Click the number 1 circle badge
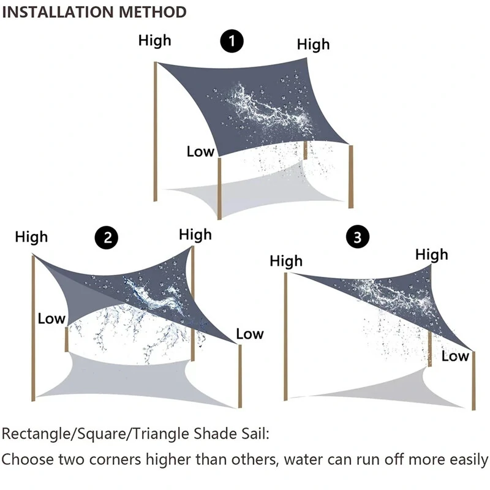pos(232,42)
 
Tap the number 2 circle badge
pos(108,238)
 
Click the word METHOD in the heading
pos(156,12)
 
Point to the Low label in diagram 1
pos(200,151)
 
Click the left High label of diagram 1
pos(154,41)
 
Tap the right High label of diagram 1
pos(313,44)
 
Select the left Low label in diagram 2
pos(51,318)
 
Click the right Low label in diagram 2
pos(249,334)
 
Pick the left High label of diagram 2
pos(31,236)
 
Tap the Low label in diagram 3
pos(455,356)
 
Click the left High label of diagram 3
pos(286,262)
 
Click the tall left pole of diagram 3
pos(287,337)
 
